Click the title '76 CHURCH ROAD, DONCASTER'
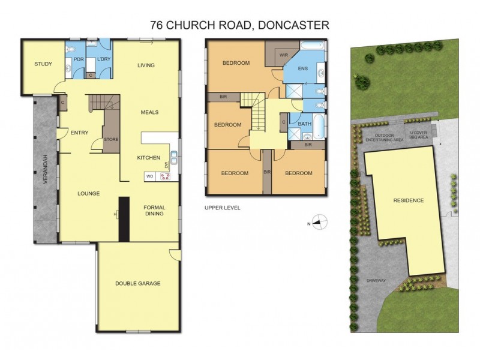(239, 25)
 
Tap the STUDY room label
(43, 64)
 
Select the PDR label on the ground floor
(78, 59)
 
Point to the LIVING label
(146, 65)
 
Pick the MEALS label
(149, 112)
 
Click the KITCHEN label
(148, 158)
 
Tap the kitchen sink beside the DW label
(173, 158)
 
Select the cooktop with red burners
(164, 176)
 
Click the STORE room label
(111, 140)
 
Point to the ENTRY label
(79, 133)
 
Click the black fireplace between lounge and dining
(124, 219)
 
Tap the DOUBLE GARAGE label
(139, 283)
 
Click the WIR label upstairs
(284, 55)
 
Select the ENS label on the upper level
(303, 69)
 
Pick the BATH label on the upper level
(305, 124)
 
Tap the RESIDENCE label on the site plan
(409, 200)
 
